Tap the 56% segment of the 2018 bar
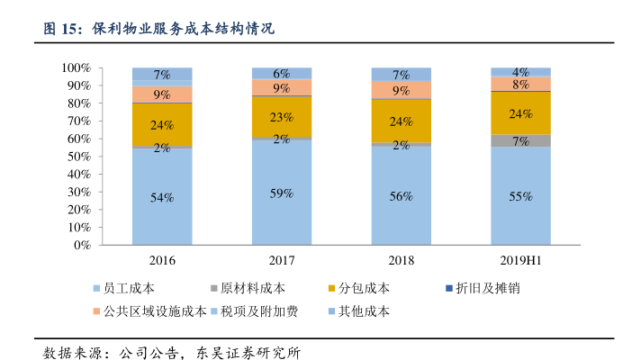coord(402,194)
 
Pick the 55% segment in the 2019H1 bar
coord(520,195)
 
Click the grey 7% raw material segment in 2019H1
coord(520,140)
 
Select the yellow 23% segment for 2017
coord(282,117)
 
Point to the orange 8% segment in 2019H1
coord(520,84)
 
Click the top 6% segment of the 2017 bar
coord(282,73)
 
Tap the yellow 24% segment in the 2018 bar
coord(402,121)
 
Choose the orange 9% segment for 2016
coord(162,94)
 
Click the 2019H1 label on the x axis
coord(520,261)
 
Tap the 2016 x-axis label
coord(162,261)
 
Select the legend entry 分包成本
coord(365,289)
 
